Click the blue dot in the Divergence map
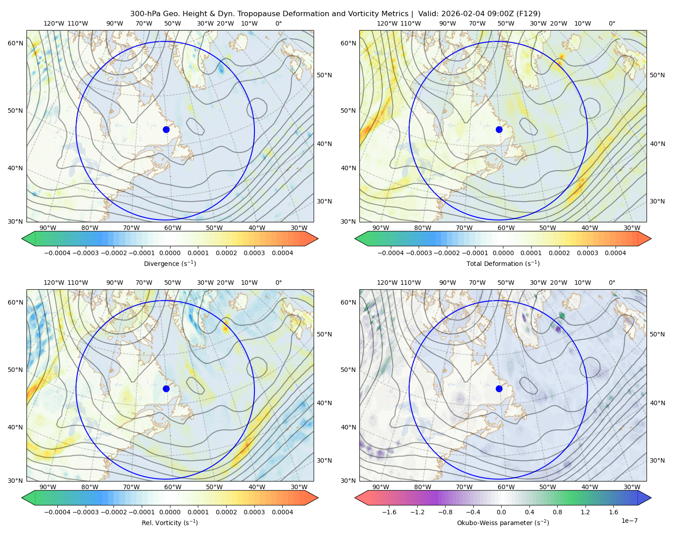tap(166, 129)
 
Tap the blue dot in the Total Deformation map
tap(499, 129)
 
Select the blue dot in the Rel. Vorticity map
tap(166, 389)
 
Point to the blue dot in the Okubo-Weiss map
tap(499, 389)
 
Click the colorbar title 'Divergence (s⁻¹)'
tap(170, 263)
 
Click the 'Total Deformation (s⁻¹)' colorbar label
tap(503, 263)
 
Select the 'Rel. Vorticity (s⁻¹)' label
tap(170, 522)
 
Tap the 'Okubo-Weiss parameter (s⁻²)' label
tap(503, 522)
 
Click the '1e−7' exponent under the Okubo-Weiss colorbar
tap(629, 521)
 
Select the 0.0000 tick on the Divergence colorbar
tap(170, 253)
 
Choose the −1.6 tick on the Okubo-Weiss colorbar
tap(389, 512)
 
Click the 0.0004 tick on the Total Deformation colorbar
tap(615, 253)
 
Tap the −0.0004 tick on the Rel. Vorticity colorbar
tap(57, 512)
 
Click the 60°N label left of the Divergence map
tap(15, 43)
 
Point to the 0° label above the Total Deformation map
tap(612, 23)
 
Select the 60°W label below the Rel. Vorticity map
tap(173, 487)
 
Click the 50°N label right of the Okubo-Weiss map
tap(657, 334)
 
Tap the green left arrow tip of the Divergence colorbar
tap(22, 239)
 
